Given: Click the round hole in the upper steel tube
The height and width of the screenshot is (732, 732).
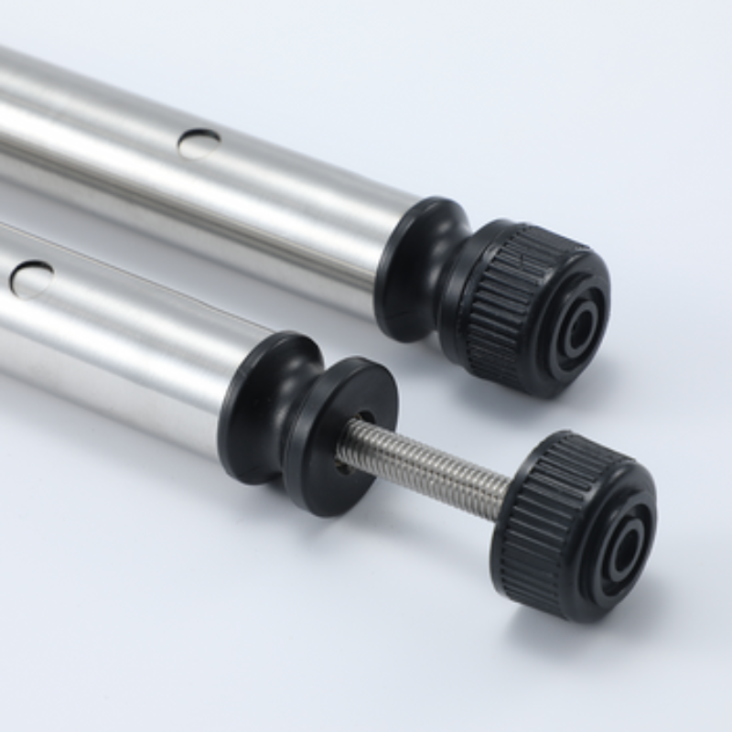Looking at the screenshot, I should click(199, 144).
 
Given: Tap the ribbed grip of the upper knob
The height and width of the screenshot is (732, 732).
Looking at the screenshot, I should click(499, 293).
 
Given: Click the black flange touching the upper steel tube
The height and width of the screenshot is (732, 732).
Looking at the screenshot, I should click(407, 265).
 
